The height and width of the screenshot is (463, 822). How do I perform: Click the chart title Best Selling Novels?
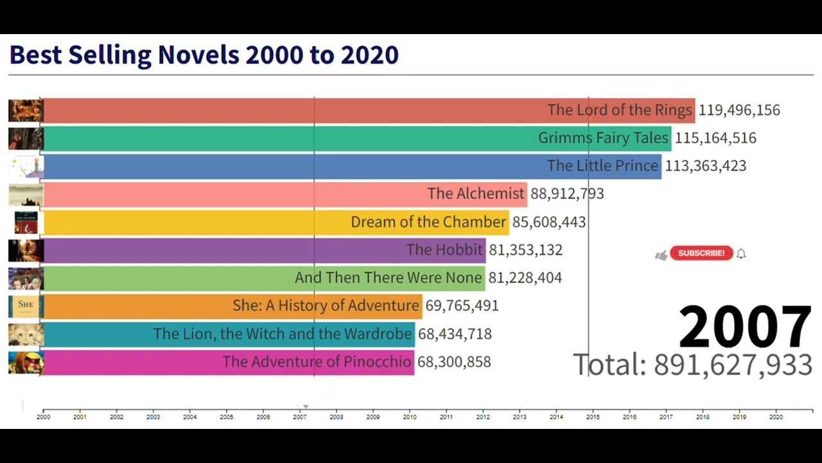point(204,55)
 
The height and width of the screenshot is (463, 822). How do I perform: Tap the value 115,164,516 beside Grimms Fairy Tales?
point(715,138)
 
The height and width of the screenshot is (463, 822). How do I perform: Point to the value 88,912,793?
point(567,194)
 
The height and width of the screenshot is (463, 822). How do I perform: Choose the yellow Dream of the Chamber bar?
point(275,222)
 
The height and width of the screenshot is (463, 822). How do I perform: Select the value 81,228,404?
point(525,278)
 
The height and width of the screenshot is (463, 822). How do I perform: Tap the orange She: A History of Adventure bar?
point(232,305)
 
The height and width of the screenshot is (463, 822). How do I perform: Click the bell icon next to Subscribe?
point(741,253)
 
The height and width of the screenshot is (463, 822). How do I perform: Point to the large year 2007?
point(745,327)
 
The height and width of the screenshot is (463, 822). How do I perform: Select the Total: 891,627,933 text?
point(692,365)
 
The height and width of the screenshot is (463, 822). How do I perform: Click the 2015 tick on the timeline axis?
point(593,417)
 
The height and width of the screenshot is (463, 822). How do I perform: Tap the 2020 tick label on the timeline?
point(776,417)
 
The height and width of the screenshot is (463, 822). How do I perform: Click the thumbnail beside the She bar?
point(26,305)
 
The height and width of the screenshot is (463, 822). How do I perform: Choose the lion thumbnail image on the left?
point(26,334)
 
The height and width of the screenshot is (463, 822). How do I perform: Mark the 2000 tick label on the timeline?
point(43,417)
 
